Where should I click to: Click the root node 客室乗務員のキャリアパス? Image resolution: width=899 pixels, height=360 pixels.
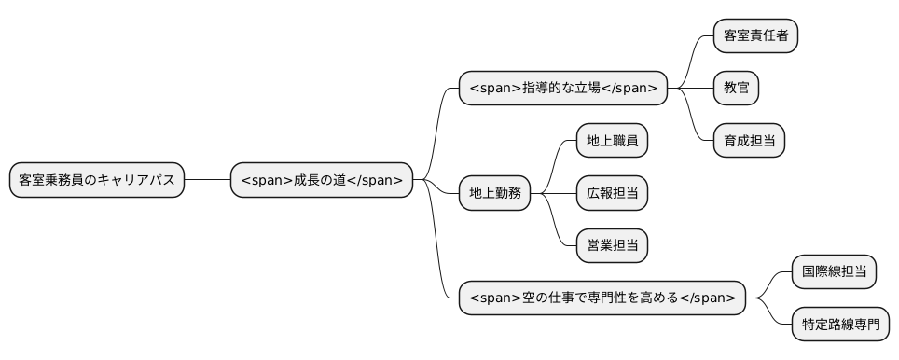coord(97,180)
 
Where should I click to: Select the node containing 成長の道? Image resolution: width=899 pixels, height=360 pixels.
coord(322,180)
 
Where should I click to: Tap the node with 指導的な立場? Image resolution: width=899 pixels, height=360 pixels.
coord(563,89)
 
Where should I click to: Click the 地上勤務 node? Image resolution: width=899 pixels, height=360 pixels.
coord(494,194)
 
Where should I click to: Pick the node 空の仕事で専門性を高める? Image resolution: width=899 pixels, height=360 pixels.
coord(602,298)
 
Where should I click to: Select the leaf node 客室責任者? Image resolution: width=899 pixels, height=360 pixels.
coord(755,36)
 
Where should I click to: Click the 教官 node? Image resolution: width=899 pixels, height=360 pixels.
coord(736,89)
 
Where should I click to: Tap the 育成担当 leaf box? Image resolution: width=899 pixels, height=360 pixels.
coord(749,141)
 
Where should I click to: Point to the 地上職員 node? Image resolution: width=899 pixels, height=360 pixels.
coord(612,141)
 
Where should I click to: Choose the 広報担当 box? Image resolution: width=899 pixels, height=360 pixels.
coord(612,194)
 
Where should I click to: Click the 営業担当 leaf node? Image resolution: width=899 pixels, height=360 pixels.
coord(612,246)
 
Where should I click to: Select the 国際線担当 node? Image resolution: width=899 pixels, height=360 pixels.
coord(834,272)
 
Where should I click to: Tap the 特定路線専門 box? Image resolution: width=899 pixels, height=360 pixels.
coord(840,325)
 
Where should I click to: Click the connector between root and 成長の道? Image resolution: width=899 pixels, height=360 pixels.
coord(207,180)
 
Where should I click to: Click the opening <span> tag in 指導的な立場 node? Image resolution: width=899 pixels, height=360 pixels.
coord(487,89)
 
